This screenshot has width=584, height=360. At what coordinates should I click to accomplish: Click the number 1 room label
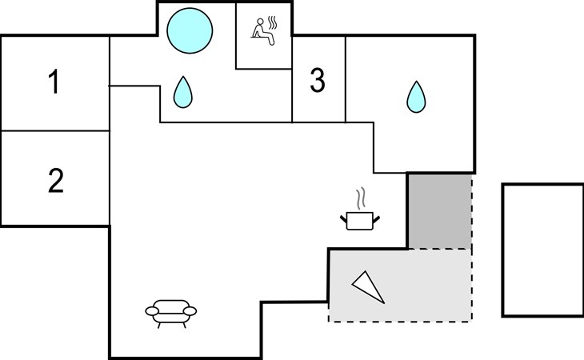(x=54, y=82)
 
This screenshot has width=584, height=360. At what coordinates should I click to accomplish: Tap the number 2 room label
(x=54, y=181)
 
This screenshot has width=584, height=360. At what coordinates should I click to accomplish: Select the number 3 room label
(x=318, y=81)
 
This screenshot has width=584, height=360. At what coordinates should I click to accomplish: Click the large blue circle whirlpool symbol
(x=190, y=31)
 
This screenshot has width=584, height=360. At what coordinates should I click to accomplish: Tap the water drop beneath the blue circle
(x=184, y=93)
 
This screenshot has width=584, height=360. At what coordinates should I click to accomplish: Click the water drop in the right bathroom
(x=416, y=97)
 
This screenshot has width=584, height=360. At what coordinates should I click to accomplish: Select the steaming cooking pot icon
(x=359, y=219)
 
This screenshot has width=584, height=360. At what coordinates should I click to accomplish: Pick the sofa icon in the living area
(x=170, y=311)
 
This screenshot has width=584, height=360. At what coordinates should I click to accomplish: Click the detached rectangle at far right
(x=542, y=250)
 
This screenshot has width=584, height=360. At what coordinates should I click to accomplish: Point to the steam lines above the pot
(x=361, y=198)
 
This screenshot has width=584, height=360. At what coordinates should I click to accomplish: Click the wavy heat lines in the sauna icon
(x=273, y=23)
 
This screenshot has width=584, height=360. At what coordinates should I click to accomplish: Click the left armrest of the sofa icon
(x=150, y=310)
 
